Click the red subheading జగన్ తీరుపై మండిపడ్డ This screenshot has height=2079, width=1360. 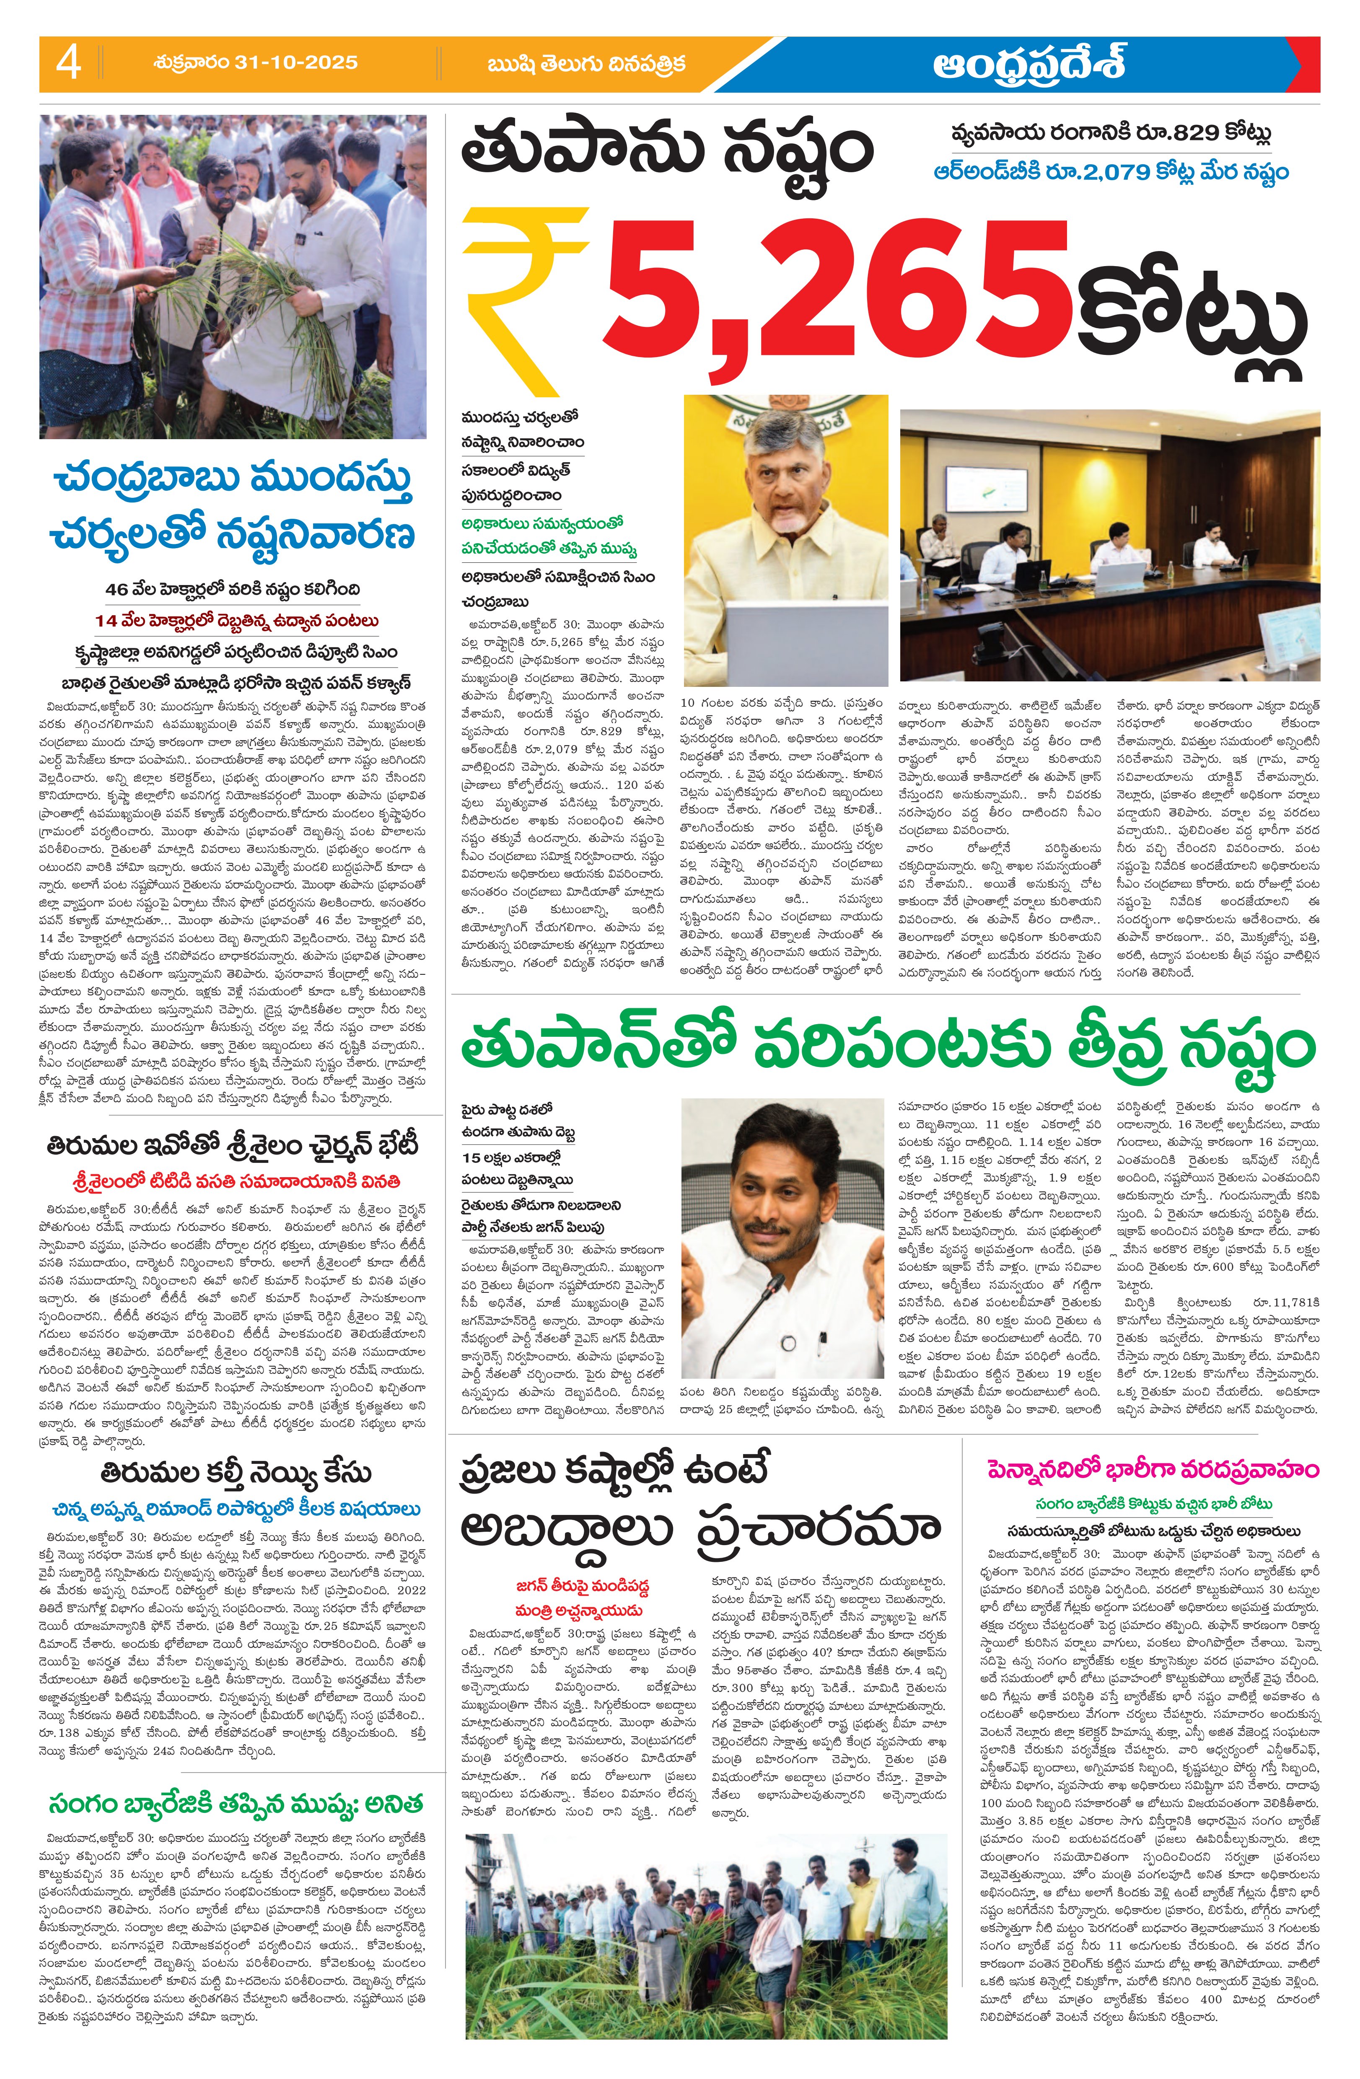point(583,1585)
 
